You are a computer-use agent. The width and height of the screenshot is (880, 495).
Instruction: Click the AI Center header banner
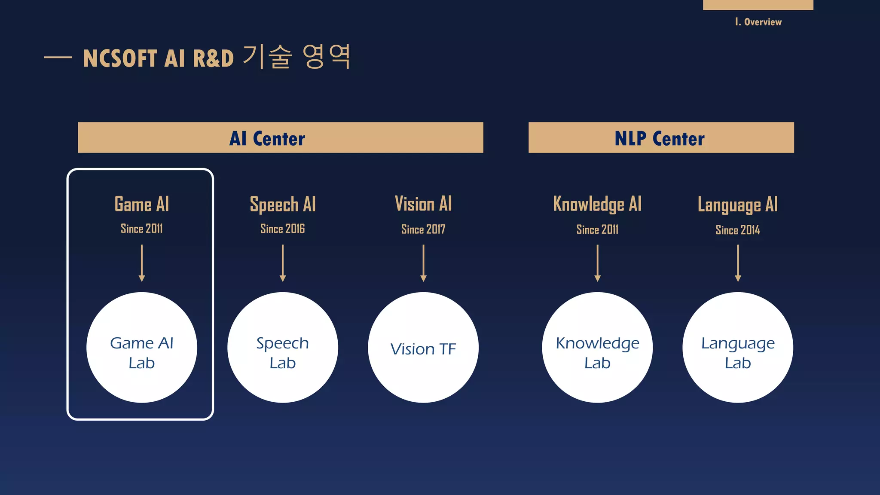pyautogui.click(x=280, y=137)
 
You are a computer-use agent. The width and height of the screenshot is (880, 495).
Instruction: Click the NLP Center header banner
pyautogui.click(x=661, y=137)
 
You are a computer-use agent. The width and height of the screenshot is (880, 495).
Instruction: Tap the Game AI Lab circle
pyautogui.click(x=142, y=348)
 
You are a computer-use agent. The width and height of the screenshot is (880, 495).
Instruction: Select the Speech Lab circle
pyautogui.click(x=283, y=348)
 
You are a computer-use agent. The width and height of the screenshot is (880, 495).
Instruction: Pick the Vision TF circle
pyautogui.click(x=423, y=348)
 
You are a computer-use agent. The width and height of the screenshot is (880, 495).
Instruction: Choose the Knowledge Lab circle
pyautogui.click(x=597, y=348)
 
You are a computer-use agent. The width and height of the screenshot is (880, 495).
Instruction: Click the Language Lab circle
pyautogui.click(x=738, y=348)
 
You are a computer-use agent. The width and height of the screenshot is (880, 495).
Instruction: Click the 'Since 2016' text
pyautogui.click(x=282, y=229)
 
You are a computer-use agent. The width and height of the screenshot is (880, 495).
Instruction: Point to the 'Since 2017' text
pyautogui.click(x=423, y=229)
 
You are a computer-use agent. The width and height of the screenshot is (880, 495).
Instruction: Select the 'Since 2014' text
pyautogui.click(x=738, y=230)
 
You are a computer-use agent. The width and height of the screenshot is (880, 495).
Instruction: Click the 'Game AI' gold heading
pyautogui.click(x=142, y=204)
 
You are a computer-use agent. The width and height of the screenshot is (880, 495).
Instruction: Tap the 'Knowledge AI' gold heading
pyautogui.click(x=597, y=204)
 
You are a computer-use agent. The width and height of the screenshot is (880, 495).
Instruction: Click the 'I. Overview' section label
pyautogui.click(x=758, y=22)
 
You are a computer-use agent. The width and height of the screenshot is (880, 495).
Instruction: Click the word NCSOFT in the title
pyautogui.click(x=120, y=58)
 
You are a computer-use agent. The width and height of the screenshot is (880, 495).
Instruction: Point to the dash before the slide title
pyautogui.click(x=58, y=57)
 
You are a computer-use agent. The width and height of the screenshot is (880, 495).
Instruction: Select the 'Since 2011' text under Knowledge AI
pyautogui.click(x=597, y=230)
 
